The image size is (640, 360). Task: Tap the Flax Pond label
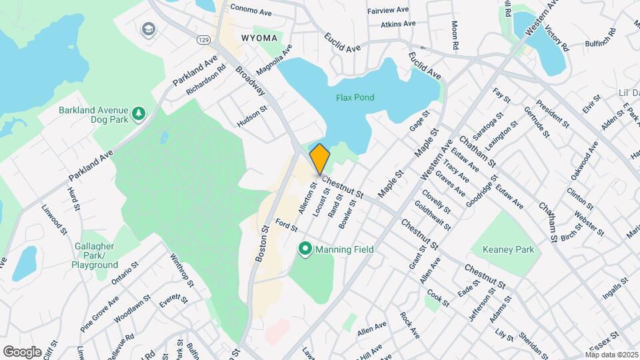coord(354,97)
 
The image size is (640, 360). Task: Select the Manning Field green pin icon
coord(305,250)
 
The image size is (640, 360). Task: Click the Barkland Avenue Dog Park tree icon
coord(139,113)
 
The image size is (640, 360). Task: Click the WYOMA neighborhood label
coord(257,37)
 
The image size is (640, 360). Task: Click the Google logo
coord(22,351)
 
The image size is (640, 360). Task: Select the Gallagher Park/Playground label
coord(95,255)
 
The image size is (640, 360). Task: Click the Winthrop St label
coord(181,270)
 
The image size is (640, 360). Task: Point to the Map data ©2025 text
coord(611,354)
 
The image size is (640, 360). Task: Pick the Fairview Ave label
coord(387,11)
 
